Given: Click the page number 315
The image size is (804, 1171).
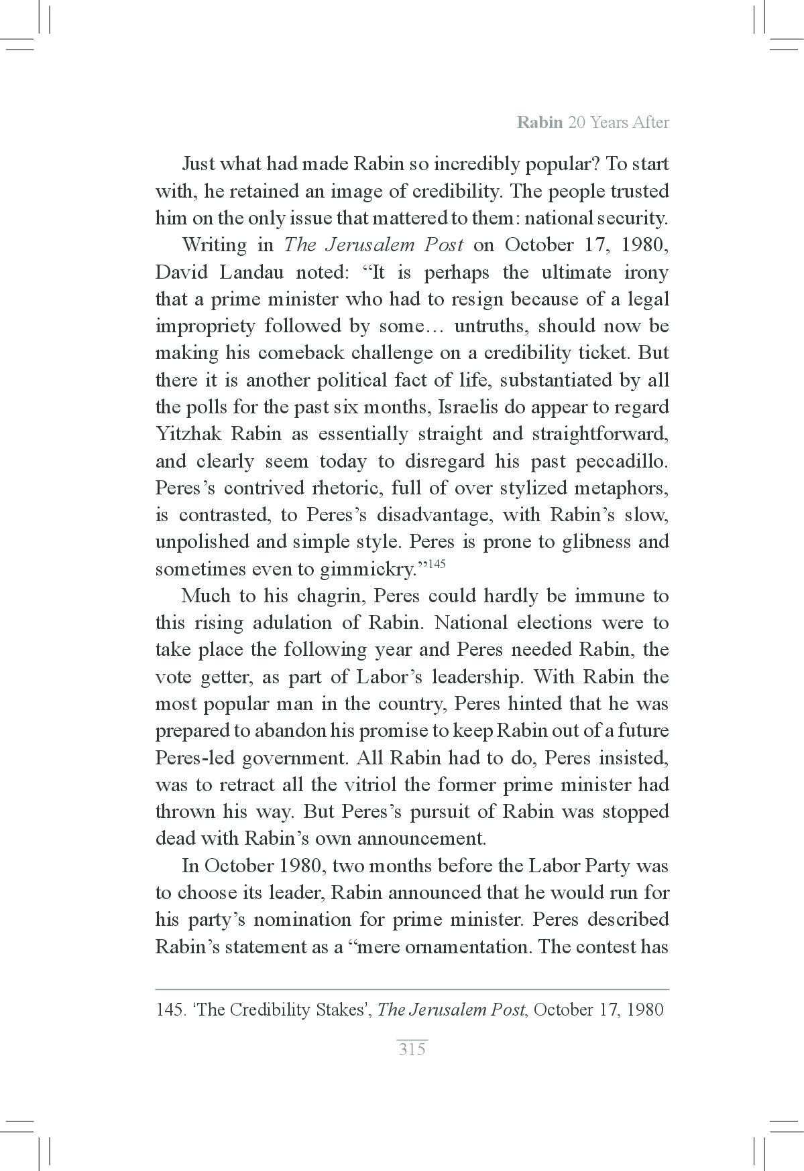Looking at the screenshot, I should [412, 1049].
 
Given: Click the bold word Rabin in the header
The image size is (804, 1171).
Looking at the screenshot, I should [540, 123].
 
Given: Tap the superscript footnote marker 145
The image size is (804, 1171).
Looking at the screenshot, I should [436, 563].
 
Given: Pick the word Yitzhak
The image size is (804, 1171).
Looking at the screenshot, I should [188, 434].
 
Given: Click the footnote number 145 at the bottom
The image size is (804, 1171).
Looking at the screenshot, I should [170, 1010].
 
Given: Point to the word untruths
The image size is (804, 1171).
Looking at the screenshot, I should [492, 326].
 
